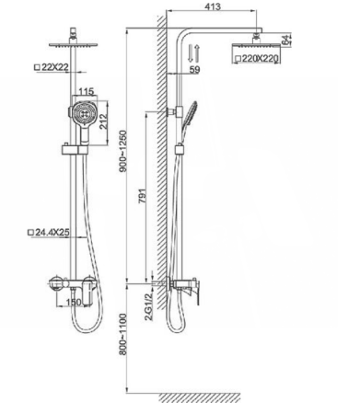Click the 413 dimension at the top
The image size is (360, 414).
(213, 6)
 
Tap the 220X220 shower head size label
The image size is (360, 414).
(260, 58)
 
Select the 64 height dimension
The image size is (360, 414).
(285, 40)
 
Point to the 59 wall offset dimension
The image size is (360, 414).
(194, 70)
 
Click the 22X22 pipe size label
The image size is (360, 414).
(55, 67)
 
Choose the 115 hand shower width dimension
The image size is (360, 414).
(87, 91)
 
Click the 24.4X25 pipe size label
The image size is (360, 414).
(52, 232)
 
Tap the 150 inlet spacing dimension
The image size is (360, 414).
(74, 302)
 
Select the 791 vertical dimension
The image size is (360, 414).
(142, 196)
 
